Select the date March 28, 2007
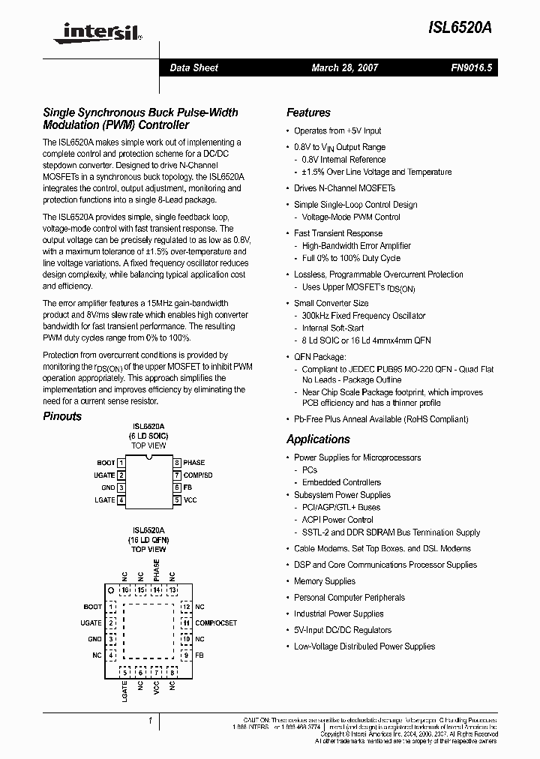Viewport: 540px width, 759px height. coord(345,67)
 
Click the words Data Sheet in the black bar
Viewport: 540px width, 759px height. coord(193,67)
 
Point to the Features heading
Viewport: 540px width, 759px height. coord(308,112)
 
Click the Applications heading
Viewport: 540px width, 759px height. coord(318,439)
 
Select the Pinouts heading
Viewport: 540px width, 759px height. coord(62,416)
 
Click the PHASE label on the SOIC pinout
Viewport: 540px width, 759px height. coord(193,463)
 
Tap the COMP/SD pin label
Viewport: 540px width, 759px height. coord(198,475)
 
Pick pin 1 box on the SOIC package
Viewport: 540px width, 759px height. coord(121,463)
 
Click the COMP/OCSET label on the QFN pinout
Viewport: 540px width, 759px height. coord(216,622)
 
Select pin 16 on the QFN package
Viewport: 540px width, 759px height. coord(125,590)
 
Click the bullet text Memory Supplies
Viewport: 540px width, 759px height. coord(324,581)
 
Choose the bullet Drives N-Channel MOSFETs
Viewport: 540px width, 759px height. coord(344,188)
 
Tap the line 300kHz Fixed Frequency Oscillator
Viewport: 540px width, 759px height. coord(364,316)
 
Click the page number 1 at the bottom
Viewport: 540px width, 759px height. coord(151,721)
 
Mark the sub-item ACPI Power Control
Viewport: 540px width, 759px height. coord(337,520)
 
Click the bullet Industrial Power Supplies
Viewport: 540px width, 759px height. coord(338,613)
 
